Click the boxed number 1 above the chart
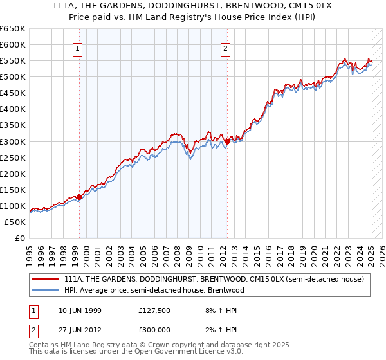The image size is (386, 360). [77, 48]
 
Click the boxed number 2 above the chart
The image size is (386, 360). [226, 48]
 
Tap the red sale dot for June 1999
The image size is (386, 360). [80, 197]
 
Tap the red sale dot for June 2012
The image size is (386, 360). [228, 141]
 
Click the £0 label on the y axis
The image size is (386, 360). [21, 238]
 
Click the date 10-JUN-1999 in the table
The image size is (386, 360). [77, 310]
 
